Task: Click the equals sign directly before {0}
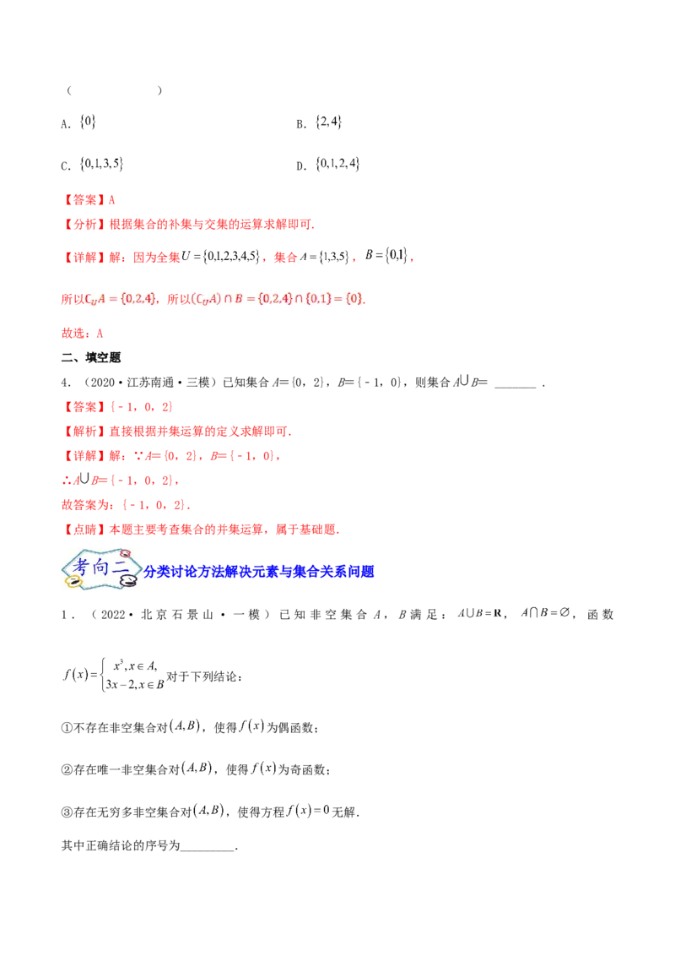click(337, 298)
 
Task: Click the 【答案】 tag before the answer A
click(80, 201)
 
